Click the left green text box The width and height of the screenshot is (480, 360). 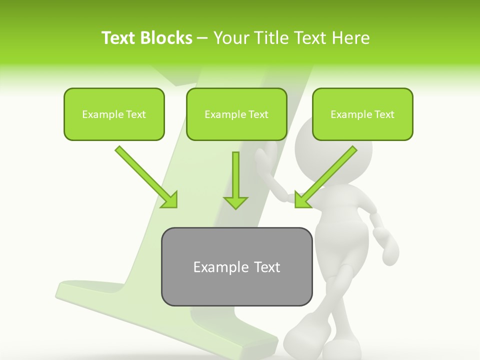pyautogui.click(x=114, y=114)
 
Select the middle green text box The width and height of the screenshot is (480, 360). pyautogui.click(x=236, y=114)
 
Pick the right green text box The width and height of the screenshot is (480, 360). pyautogui.click(x=362, y=114)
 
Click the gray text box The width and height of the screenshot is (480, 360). pyautogui.click(x=236, y=266)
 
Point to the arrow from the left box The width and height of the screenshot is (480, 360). pyautogui.click(x=146, y=177)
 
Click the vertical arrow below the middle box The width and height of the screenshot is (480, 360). pyautogui.click(x=235, y=180)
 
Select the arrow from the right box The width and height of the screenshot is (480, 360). pyautogui.click(x=325, y=177)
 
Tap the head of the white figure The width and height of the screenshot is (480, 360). pyautogui.click(x=333, y=155)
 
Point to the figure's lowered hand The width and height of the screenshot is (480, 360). pyautogui.click(x=388, y=243)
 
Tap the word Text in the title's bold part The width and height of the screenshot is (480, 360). pyautogui.click(x=119, y=38)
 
